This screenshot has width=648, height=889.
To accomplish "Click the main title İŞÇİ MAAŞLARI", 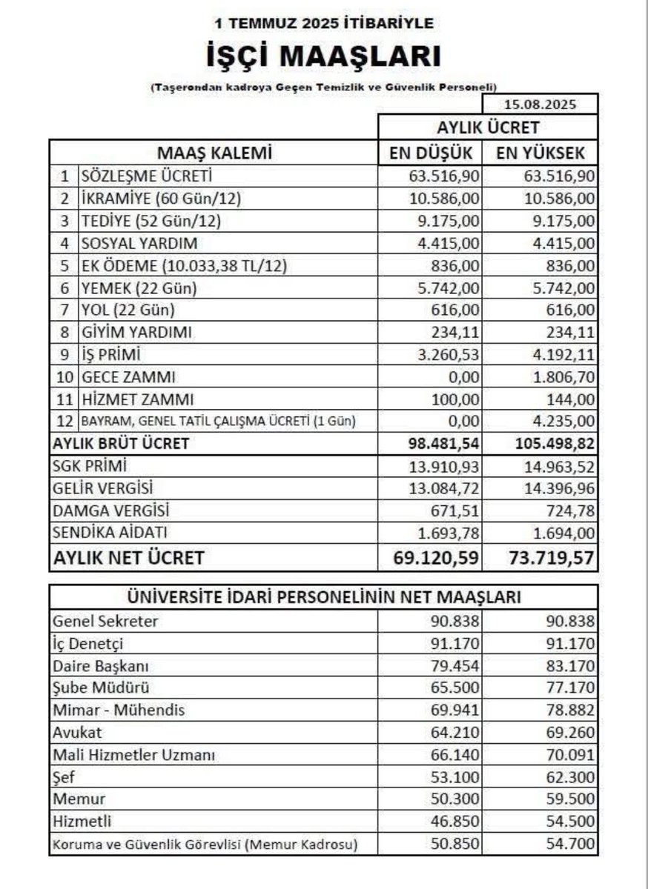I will [324, 58].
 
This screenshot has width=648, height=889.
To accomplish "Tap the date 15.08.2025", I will [540, 104].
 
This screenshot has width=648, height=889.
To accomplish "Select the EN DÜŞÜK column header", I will [431, 153].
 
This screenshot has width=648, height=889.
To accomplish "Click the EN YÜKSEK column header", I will [540, 153].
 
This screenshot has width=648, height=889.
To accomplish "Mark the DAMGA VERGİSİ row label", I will [111, 510].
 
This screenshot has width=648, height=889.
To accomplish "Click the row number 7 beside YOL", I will [65, 310].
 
